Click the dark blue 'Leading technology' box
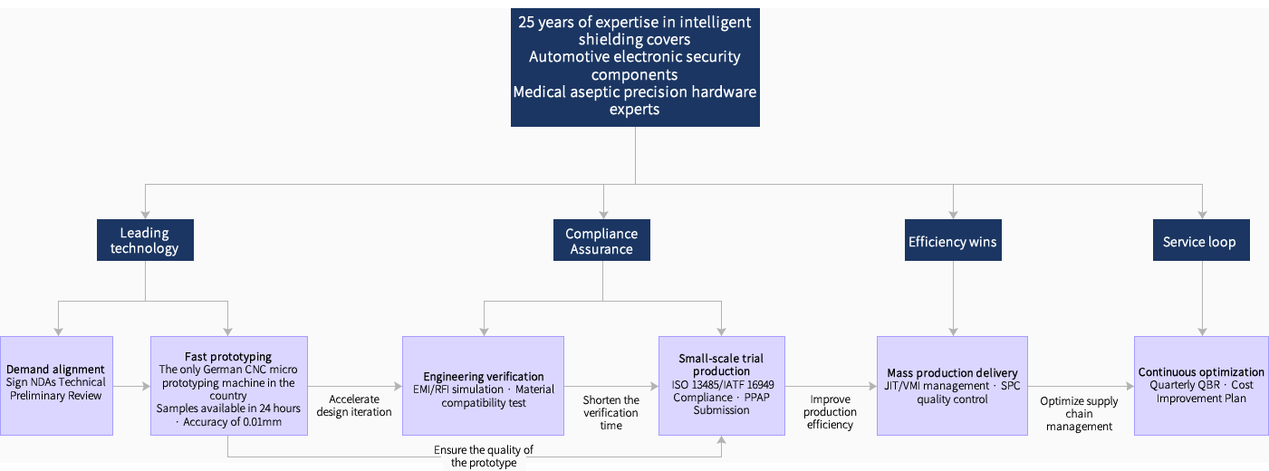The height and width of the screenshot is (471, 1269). click(145, 240)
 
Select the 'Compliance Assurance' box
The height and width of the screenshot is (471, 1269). click(601, 240)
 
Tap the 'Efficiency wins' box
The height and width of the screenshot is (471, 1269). click(952, 242)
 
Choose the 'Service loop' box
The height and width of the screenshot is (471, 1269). click(1199, 242)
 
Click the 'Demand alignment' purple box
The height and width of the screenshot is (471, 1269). click(56, 385)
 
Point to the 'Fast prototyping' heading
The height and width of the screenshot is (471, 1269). click(228, 357)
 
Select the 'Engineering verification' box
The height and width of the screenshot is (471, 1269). click(483, 385)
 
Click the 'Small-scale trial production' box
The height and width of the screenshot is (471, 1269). click(721, 385)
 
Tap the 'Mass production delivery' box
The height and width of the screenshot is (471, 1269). click(952, 385)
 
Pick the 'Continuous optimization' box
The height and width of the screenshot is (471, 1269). click(1201, 385)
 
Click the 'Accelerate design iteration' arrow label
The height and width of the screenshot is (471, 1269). click(354, 405)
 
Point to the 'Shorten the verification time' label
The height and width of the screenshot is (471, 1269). click(610, 412)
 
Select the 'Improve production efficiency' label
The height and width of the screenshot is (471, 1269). click(831, 411)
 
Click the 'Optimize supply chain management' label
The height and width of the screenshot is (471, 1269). click(1079, 413)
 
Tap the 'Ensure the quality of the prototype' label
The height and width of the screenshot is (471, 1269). click(484, 457)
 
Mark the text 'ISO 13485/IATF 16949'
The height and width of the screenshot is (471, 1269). click(722, 384)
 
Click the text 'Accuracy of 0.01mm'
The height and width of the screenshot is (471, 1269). click(233, 421)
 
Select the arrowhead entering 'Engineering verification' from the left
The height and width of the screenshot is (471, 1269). click(398, 386)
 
